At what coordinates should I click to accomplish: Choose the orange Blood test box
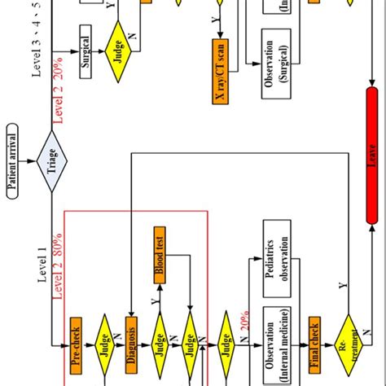pyautogui.click(x=161, y=265)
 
